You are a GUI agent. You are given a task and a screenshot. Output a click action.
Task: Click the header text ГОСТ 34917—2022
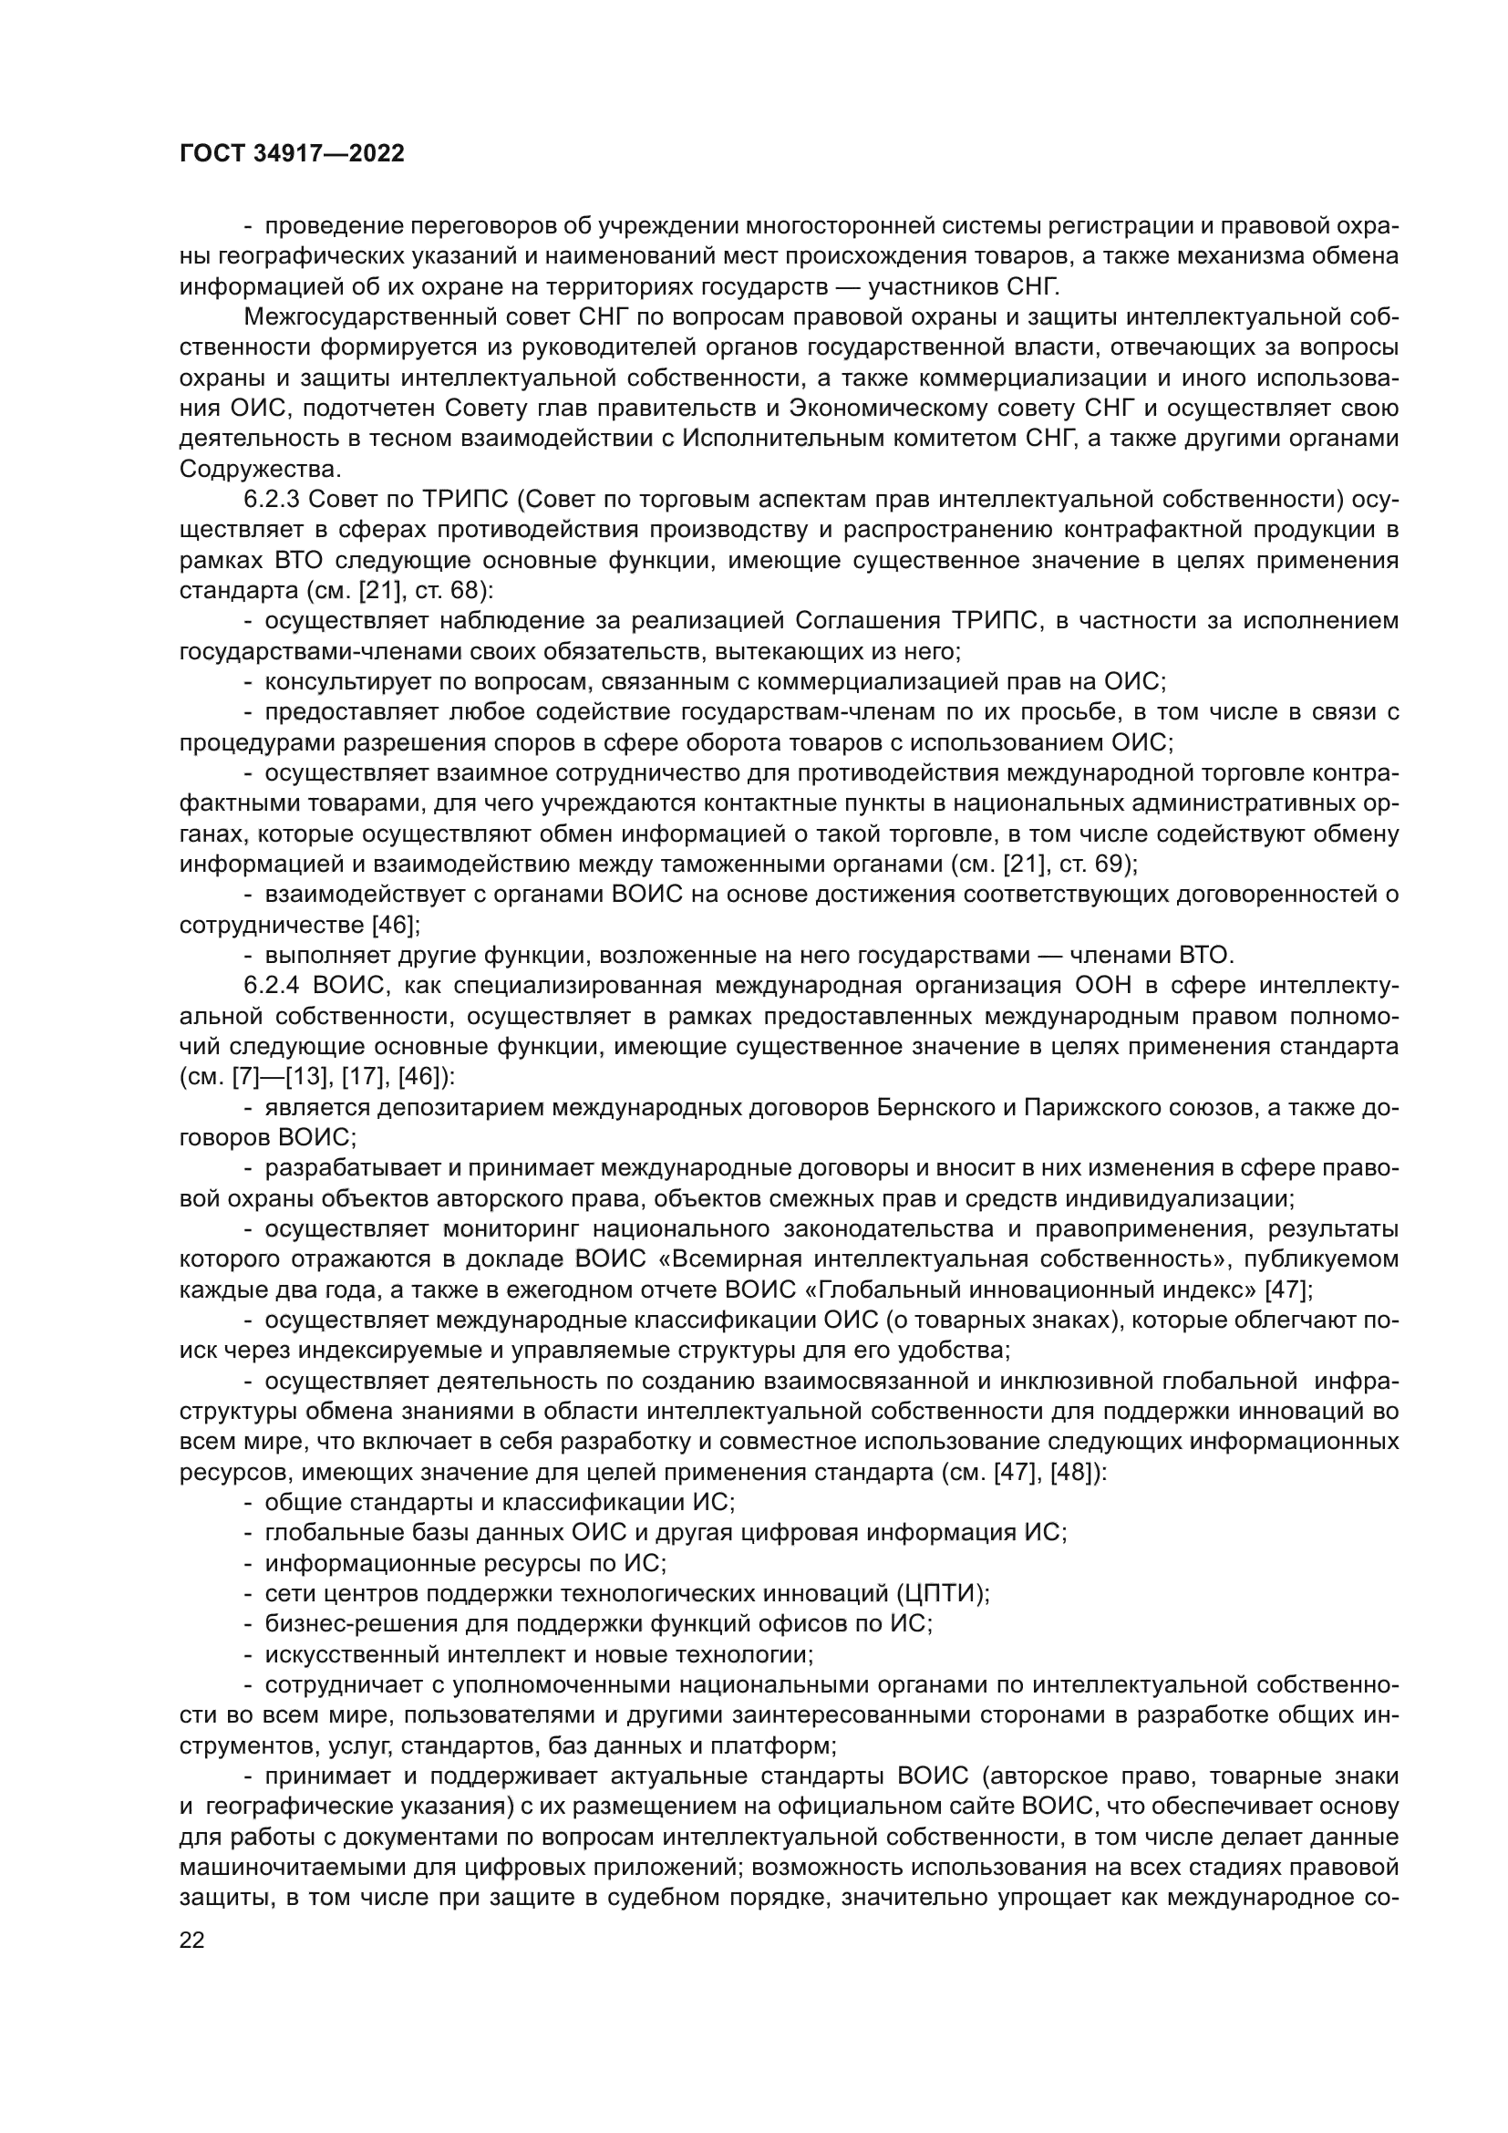[292, 154]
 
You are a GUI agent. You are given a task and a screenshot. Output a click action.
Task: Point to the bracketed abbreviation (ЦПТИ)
[942, 1593]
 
